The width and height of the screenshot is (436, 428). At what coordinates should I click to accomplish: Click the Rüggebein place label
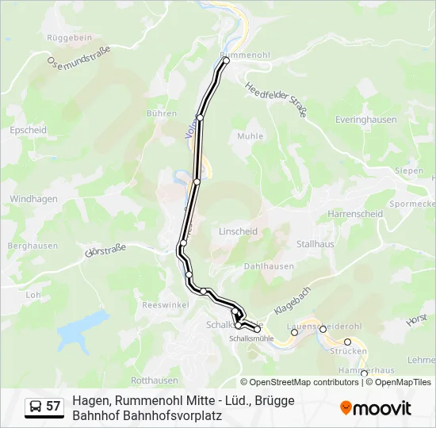tap(70, 37)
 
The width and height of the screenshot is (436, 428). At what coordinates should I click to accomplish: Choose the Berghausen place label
tap(33, 246)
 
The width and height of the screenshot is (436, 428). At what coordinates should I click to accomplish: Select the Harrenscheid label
tap(355, 214)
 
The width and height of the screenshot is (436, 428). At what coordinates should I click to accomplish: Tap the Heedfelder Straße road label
tap(275, 99)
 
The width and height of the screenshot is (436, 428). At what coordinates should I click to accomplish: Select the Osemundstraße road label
tap(78, 55)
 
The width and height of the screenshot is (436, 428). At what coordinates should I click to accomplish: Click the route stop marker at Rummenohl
tap(225, 60)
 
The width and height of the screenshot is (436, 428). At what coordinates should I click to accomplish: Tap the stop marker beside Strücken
tap(347, 342)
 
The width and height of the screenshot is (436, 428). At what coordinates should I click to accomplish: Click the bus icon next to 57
tap(35, 407)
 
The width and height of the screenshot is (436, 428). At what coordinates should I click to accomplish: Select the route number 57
tap(53, 407)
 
